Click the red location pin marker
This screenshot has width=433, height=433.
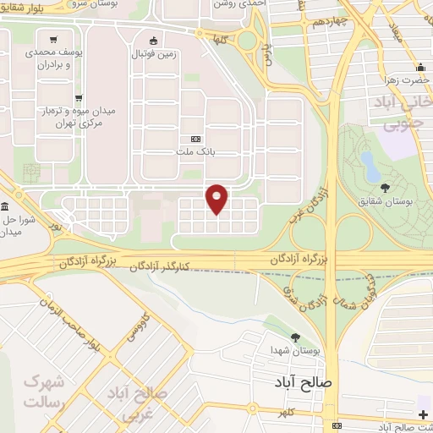click(x=217, y=198)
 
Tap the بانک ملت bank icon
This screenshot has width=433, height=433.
click(x=196, y=139)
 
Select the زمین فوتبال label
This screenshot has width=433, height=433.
click(x=153, y=54)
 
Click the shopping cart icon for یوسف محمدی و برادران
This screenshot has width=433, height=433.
click(x=54, y=39)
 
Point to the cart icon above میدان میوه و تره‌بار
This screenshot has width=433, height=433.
click(x=78, y=97)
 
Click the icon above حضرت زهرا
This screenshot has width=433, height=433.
click(x=420, y=69)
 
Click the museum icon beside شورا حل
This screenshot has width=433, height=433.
click(x=5, y=207)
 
